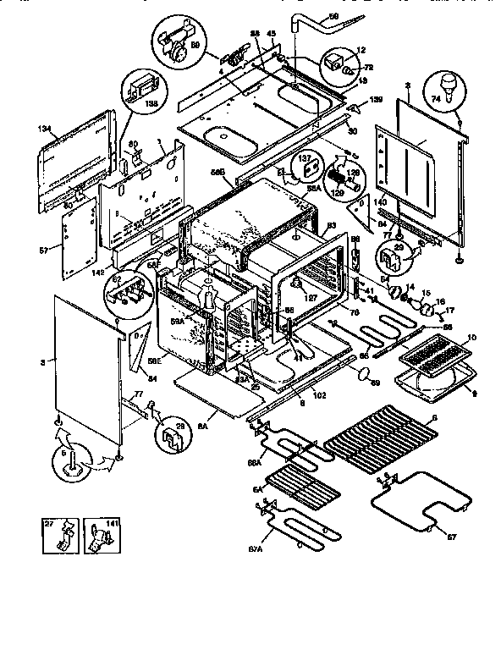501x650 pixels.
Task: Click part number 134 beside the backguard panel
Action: [x=47, y=129]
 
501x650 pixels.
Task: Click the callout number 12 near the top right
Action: [x=361, y=50]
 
